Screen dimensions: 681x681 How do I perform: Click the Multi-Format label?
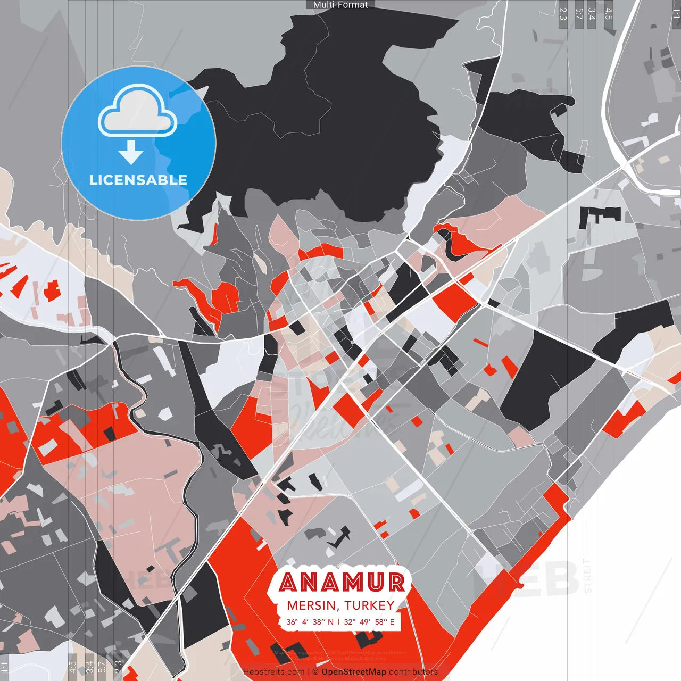click(340, 5)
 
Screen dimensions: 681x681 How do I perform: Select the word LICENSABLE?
click(138, 180)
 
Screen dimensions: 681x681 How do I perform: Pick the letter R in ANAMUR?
click(396, 583)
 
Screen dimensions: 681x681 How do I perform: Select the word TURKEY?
click(369, 605)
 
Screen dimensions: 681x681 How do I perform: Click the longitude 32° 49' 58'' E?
click(369, 621)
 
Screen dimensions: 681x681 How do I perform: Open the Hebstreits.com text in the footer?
click(273, 672)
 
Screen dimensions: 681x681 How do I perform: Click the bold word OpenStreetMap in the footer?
click(354, 672)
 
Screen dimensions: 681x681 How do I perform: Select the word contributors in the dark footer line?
click(413, 672)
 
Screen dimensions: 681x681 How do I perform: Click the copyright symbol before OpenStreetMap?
click(315, 672)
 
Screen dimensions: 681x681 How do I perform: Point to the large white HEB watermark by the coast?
click(532, 578)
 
